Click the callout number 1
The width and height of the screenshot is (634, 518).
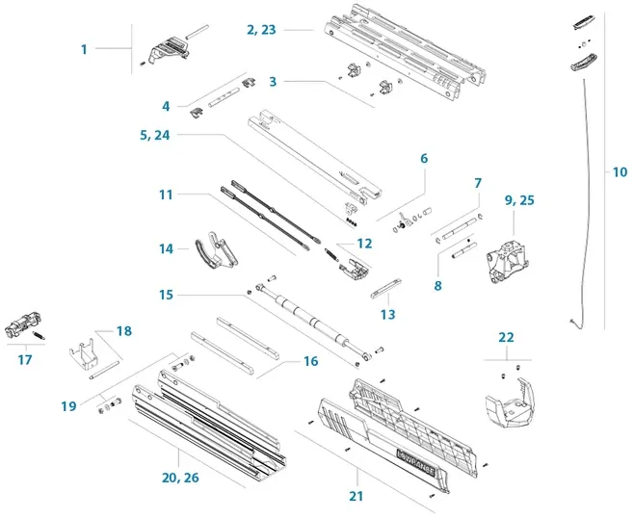pos(84,49)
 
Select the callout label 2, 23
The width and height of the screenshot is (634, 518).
pos(261,30)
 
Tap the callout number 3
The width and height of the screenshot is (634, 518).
pos(273,82)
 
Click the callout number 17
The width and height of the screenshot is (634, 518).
pos(25,360)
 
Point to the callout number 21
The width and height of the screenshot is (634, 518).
pos(357,496)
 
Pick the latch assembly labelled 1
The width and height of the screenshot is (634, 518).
pos(169,48)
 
